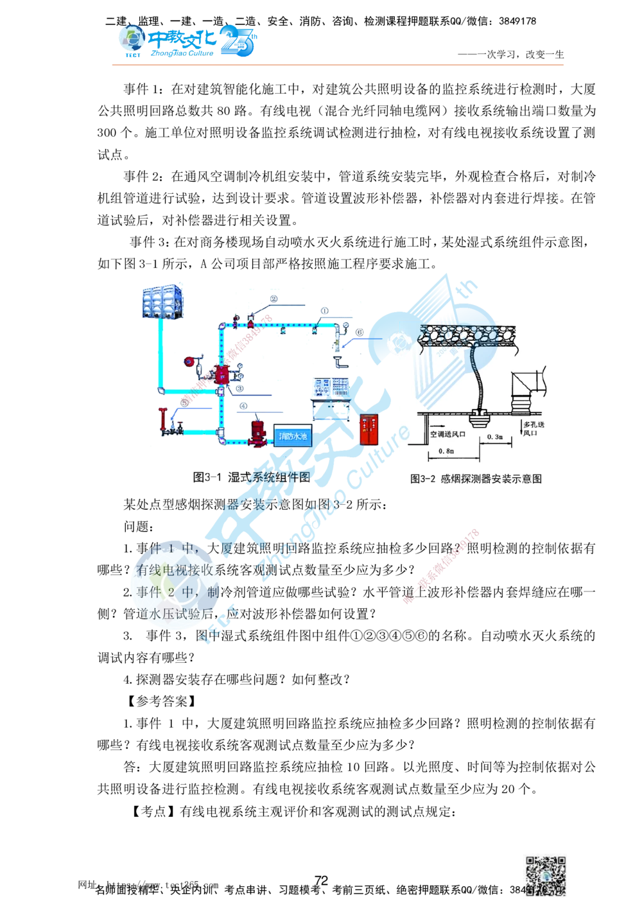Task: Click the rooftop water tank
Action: point(162,299)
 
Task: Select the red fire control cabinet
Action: point(367,429)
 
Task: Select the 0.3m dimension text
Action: point(494,437)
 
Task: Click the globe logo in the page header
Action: point(131,39)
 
